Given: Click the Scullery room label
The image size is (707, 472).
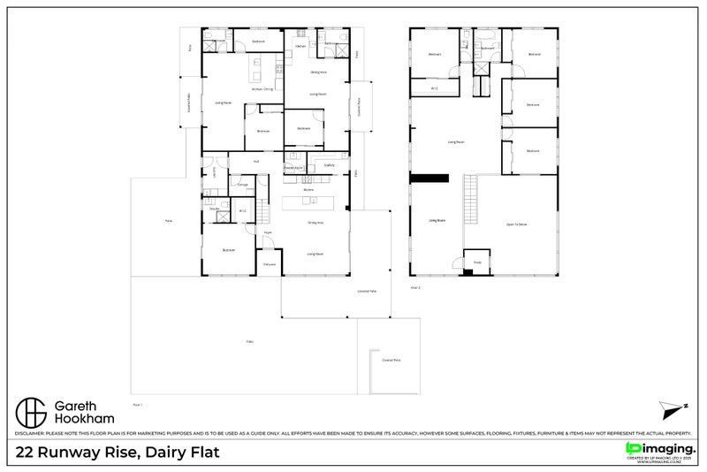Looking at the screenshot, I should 328,165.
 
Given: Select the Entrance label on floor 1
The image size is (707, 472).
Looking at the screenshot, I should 270,263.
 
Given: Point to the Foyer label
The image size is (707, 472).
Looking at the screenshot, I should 267,232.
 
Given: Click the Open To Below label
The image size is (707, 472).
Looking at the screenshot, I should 516,225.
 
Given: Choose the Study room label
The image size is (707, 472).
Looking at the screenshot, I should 476,262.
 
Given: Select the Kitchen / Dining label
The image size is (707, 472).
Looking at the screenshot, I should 262,88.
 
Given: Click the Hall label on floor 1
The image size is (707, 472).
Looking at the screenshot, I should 256,161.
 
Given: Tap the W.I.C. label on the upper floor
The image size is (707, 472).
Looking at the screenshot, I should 435,88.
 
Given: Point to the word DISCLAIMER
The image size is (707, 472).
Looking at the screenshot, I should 32,434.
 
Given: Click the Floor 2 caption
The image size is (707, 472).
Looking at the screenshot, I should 415,287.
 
